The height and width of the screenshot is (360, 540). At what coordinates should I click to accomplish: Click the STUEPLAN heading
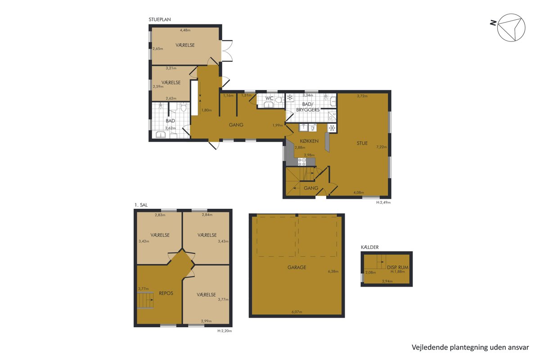pos(160,19)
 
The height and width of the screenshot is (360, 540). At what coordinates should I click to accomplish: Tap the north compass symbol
pos(511,27)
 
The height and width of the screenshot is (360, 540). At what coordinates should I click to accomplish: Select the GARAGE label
pos(297,267)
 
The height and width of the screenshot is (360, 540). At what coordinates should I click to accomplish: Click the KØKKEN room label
pos(309,141)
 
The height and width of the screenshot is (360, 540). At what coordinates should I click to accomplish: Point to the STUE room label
pos(362,143)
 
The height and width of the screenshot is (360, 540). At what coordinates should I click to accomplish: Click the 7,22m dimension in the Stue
pos(382,147)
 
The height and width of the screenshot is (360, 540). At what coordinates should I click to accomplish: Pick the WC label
pos(269,98)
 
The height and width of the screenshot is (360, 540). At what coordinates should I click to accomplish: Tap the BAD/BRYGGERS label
pos(308,107)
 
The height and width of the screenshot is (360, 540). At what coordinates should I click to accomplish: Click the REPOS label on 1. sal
pos(166,293)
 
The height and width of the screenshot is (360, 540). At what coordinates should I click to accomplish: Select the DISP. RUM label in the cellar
pos(397,267)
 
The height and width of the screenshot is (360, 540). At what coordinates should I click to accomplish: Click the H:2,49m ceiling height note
pos(383,202)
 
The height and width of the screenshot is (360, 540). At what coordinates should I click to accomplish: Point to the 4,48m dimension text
pos(185,30)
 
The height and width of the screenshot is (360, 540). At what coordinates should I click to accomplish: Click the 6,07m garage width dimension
pos(297,312)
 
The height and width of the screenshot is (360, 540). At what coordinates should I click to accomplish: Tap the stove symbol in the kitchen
pos(302,162)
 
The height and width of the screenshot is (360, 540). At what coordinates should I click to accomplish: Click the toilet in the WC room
pos(279,100)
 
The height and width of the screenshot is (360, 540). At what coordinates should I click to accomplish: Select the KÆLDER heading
pos(369,247)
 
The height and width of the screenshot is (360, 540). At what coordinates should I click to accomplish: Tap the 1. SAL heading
pos(141,205)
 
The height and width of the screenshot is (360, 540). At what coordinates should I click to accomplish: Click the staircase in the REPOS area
pos(145,300)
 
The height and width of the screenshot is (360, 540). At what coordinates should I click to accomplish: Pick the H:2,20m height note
pos(225,331)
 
